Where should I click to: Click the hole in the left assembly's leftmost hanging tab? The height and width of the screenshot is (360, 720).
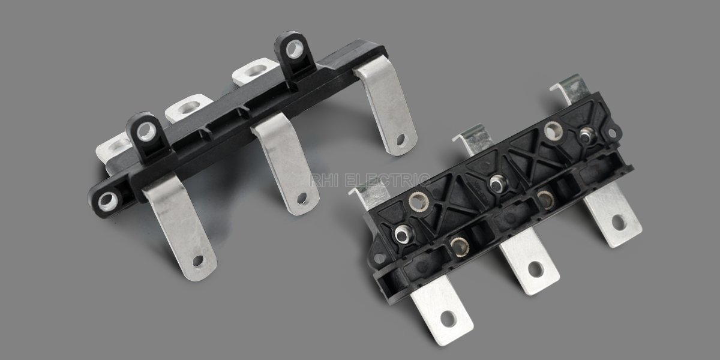pos(197,260)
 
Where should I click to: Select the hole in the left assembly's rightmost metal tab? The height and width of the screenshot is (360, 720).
pos(400,139)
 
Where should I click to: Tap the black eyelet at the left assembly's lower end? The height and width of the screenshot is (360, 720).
pos(108,200)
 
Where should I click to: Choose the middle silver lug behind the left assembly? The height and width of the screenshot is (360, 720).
pos(188,108)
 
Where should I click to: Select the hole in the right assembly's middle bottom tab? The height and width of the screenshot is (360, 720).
pos(535,269)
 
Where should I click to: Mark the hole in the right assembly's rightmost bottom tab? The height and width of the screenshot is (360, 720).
pos(618,222)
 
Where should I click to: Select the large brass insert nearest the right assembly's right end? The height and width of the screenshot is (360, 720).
pos(553,130)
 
